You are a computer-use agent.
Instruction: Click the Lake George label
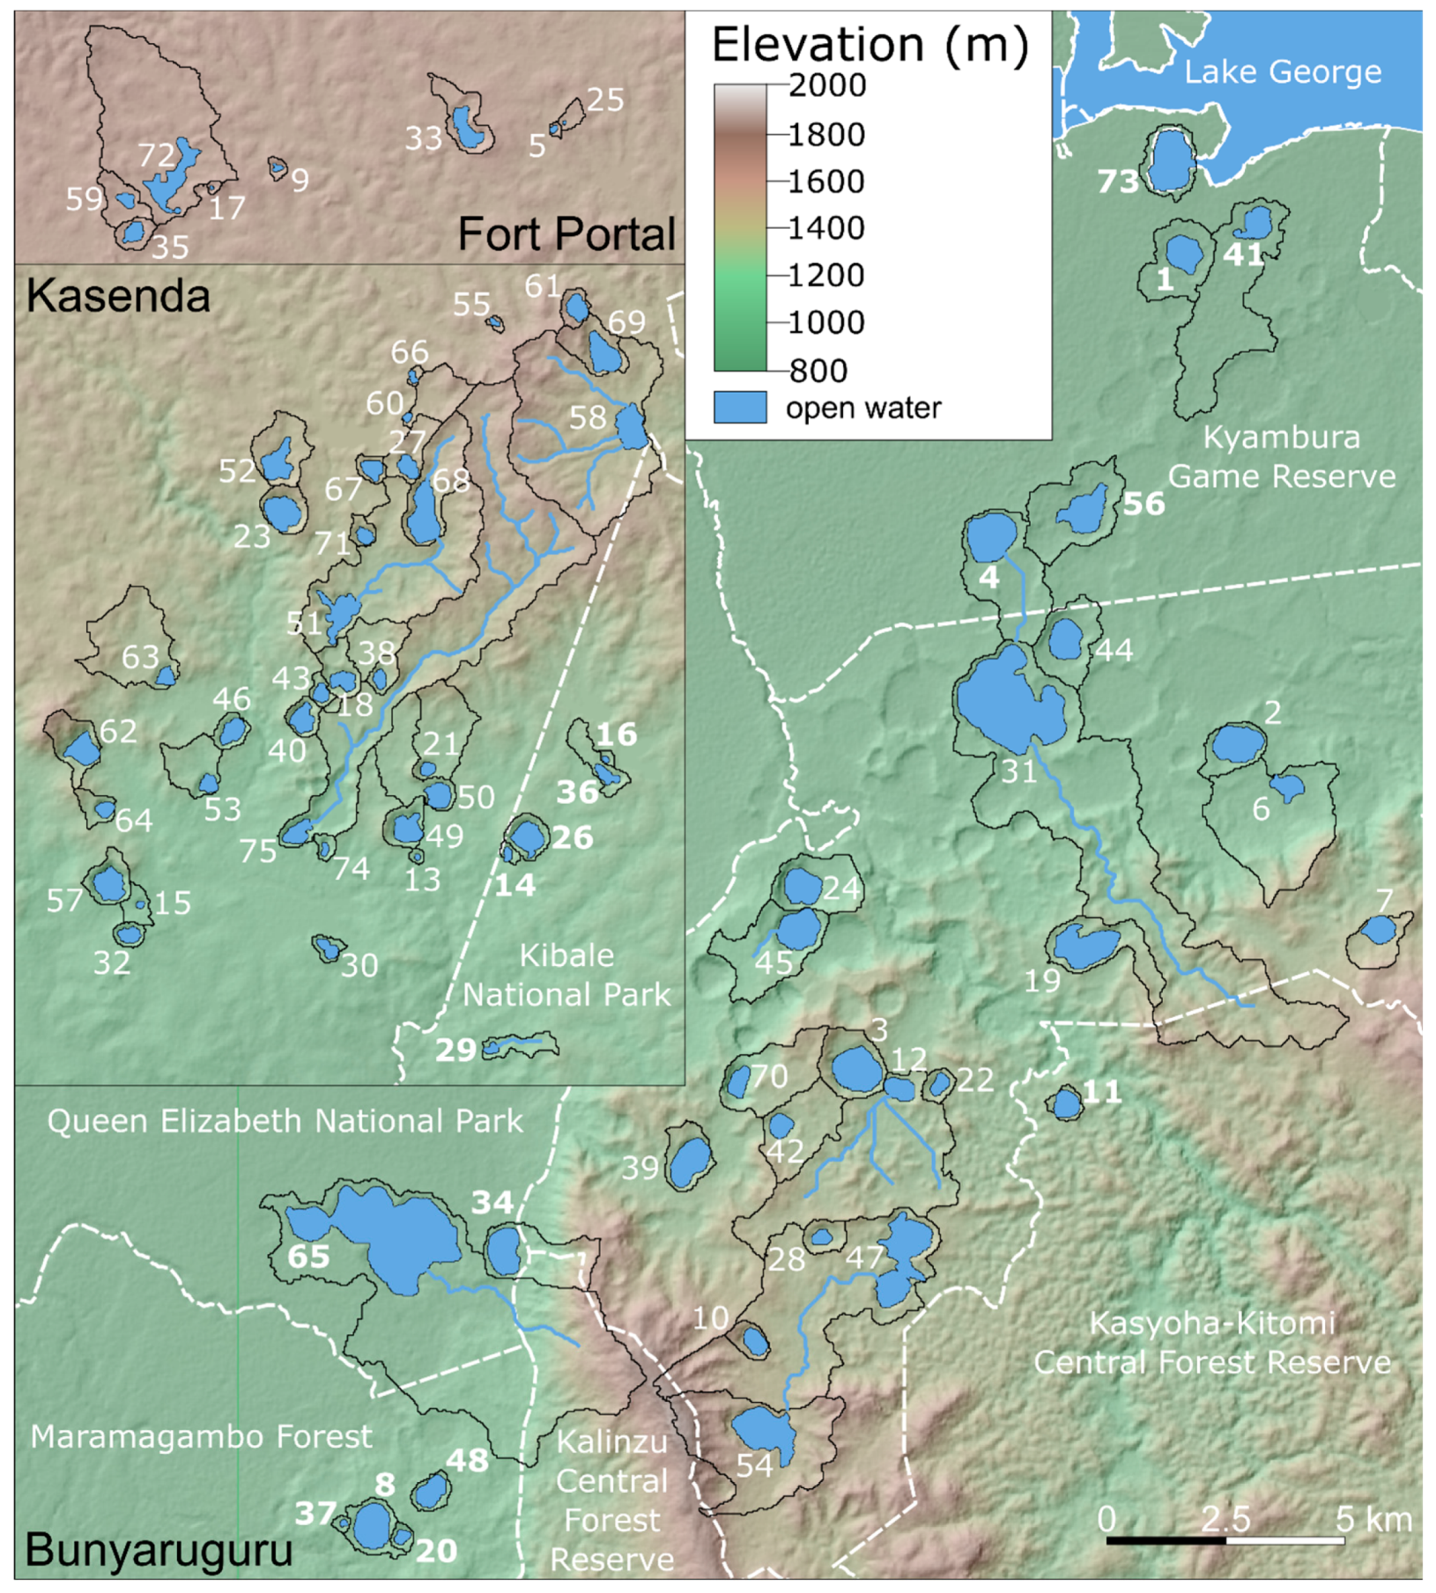[1282, 72]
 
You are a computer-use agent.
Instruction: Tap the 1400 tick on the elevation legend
[826, 228]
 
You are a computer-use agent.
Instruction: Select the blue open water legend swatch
[739, 408]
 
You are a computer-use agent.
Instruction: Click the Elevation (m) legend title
[870, 44]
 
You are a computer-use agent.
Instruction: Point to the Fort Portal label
[566, 234]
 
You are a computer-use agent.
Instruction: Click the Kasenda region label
[118, 296]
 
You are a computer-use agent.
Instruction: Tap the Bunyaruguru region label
[159, 1549]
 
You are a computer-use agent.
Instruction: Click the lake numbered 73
[1171, 161]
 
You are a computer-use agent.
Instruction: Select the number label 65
[308, 1256]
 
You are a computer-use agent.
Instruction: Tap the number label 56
[1144, 505]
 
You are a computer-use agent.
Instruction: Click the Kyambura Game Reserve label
[1281, 457]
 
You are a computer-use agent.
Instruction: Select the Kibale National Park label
[566, 975]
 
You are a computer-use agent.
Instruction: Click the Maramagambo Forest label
[201, 1437]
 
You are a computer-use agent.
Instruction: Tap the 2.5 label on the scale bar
[1225, 1519]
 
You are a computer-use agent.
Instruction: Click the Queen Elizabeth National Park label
[285, 1121]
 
